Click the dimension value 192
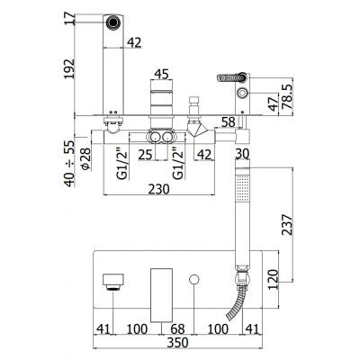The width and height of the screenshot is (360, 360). pyautogui.click(x=69, y=68)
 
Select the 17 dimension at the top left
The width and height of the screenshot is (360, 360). pyautogui.click(x=69, y=19)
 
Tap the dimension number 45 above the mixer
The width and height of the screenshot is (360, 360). pyautogui.click(x=161, y=74)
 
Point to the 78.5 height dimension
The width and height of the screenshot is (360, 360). pyautogui.click(x=286, y=96)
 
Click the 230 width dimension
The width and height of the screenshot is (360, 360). pyautogui.click(x=158, y=189)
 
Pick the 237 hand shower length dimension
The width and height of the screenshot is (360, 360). pyautogui.click(x=286, y=224)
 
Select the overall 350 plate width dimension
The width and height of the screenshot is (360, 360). pyautogui.click(x=177, y=342)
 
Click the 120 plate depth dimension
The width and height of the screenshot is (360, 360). pyautogui.click(x=273, y=279)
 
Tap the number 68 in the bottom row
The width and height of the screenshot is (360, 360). pyautogui.click(x=177, y=329)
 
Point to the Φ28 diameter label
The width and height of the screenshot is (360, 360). pyautogui.click(x=85, y=159)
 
